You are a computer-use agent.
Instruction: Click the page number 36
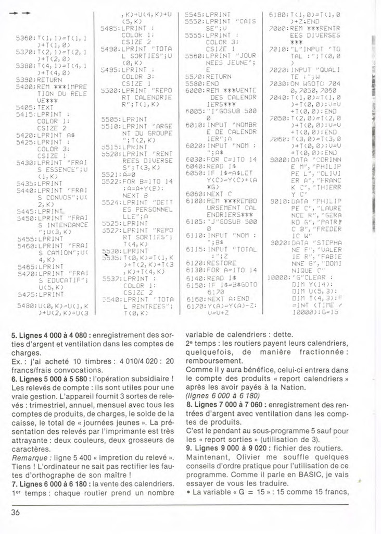15,512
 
